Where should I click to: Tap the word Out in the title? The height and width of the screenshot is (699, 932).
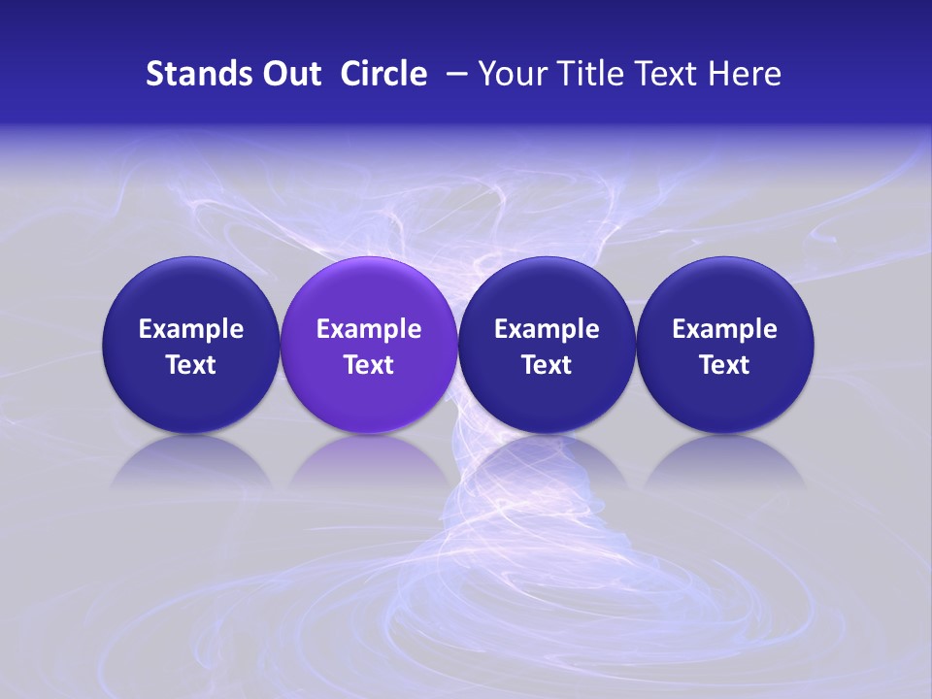point(290,74)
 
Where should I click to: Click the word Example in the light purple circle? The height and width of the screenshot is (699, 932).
point(369,329)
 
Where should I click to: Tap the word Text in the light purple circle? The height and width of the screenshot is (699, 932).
point(369,365)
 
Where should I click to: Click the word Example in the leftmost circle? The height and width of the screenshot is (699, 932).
point(190,329)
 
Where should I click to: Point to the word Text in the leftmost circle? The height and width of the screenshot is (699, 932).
point(190,365)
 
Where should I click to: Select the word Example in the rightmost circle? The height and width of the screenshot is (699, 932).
point(725,329)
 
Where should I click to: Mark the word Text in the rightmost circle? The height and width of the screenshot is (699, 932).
point(725,365)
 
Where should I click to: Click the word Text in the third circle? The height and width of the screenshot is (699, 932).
point(547,365)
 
